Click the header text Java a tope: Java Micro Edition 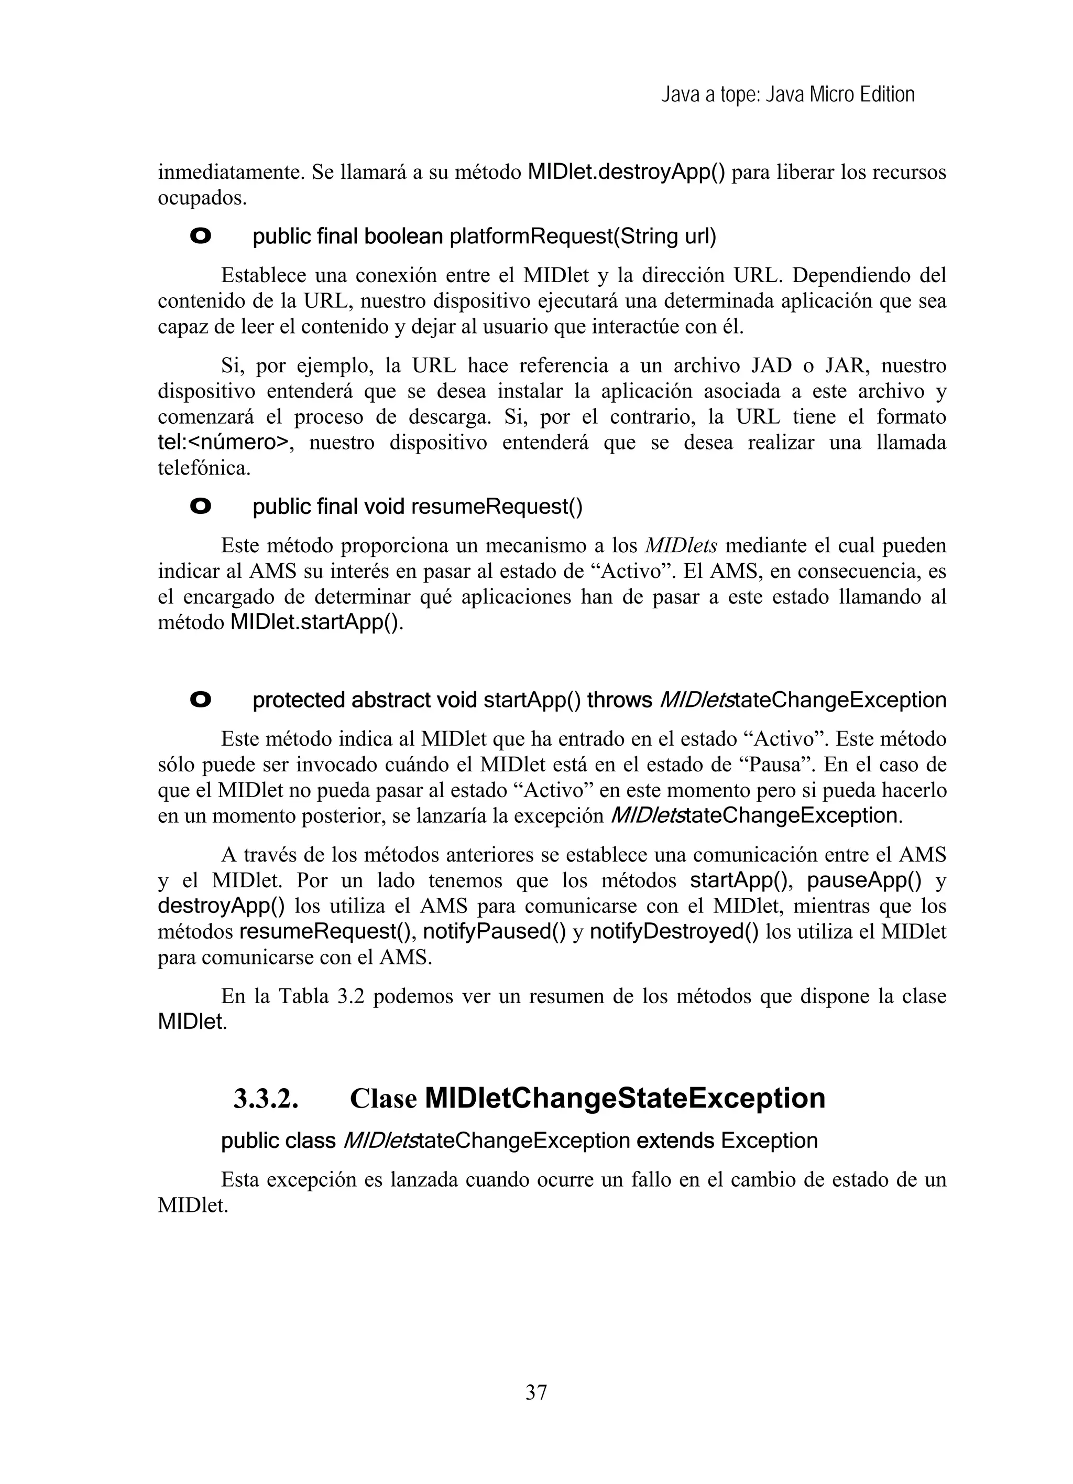[x=787, y=95]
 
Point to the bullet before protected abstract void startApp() [x=200, y=700]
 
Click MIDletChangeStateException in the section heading [x=625, y=1099]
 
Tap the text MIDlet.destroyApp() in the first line [x=626, y=173]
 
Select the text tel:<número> [x=223, y=443]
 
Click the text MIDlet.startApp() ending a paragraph [x=313, y=622]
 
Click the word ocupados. [x=202, y=198]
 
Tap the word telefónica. [x=204, y=468]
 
